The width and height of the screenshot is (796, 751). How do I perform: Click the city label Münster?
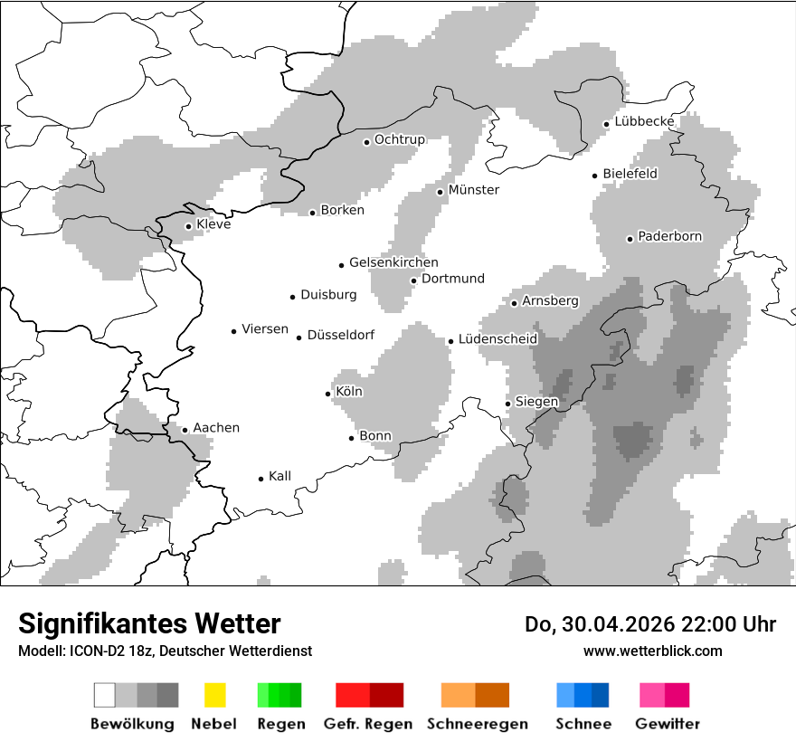click(x=473, y=190)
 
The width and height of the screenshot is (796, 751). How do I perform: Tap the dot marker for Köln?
click(x=328, y=394)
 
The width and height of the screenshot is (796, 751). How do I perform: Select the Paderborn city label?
click(x=669, y=237)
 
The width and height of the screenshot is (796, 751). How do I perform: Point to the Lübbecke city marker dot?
click(x=606, y=124)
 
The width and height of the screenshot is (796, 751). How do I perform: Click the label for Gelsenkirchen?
click(x=393, y=263)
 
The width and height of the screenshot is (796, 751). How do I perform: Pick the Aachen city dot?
click(x=185, y=430)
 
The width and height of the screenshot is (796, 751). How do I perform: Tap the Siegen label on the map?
click(x=536, y=402)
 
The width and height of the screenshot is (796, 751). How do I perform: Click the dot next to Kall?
click(x=261, y=479)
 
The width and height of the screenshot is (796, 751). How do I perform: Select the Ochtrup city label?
click(x=399, y=139)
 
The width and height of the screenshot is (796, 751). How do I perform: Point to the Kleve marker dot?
click(x=188, y=226)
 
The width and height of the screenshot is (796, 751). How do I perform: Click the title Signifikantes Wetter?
click(x=149, y=624)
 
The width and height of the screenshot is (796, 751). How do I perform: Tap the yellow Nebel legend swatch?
click(x=214, y=695)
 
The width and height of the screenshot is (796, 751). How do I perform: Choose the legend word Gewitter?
click(x=668, y=724)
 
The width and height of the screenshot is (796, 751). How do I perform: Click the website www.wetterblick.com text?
click(x=652, y=651)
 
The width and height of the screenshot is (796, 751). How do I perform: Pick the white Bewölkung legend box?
click(x=105, y=695)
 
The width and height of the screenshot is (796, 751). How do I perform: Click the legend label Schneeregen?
click(x=477, y=724)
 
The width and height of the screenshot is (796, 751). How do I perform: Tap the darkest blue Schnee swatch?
click(x=601, y=695)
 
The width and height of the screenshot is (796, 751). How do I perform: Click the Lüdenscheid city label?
click(x=497, y=339)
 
